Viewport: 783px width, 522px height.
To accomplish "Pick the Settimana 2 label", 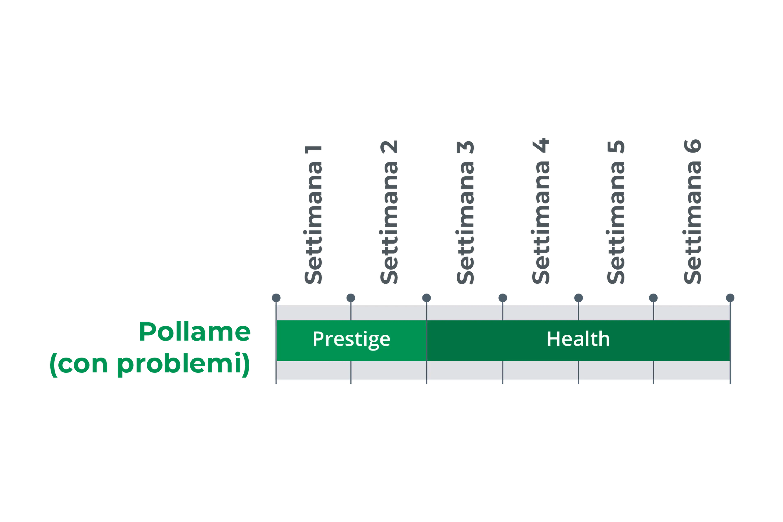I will coord(389,212).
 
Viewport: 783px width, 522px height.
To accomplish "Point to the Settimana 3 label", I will coord(465,212).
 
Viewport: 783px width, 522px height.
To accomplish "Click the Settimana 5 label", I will coord(616,212).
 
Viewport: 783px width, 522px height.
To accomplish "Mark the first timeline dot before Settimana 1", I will coord(276,298).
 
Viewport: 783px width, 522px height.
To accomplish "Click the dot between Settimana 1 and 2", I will coord(351,298).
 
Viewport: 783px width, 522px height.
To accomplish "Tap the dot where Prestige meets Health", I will coord(426,298).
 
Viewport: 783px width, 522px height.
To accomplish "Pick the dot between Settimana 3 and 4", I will coord(503,298).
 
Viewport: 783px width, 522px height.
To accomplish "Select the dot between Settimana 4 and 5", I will coord(579,298).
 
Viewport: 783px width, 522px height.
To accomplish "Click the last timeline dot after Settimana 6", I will coord(730,298).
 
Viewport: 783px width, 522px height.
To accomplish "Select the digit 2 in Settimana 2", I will coord(389,146).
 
